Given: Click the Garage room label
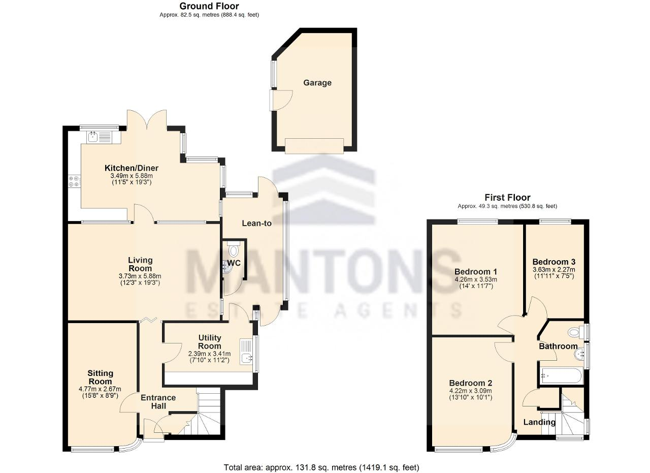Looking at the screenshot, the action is tap(317, 83).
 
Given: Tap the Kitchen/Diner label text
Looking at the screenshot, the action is tap(132, 168).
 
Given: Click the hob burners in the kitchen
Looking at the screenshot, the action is tap(74, 181).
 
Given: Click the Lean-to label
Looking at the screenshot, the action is tap(257, 223).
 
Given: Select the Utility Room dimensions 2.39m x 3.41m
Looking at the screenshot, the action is tap(210, 354).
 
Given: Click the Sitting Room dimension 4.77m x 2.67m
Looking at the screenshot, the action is tap(100, 389).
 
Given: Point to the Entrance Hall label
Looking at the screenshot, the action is tap(158, 401).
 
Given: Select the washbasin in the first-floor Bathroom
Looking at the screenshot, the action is tap(579, 354).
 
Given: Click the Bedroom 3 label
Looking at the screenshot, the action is tap(554, 262).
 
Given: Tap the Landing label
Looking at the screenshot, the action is tap(539, 422).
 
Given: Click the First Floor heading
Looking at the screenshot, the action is tap(507, 198).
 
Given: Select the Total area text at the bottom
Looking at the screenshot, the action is tap(321, 459).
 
